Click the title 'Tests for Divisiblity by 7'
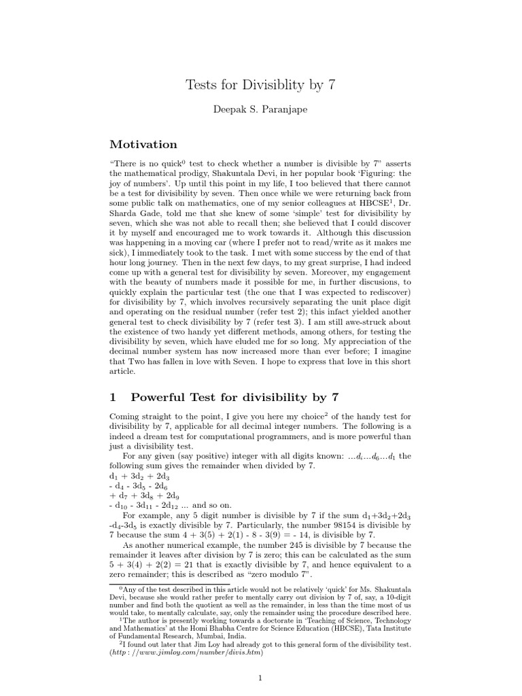[x=260, y=85]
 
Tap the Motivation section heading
[x=143, y=144]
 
